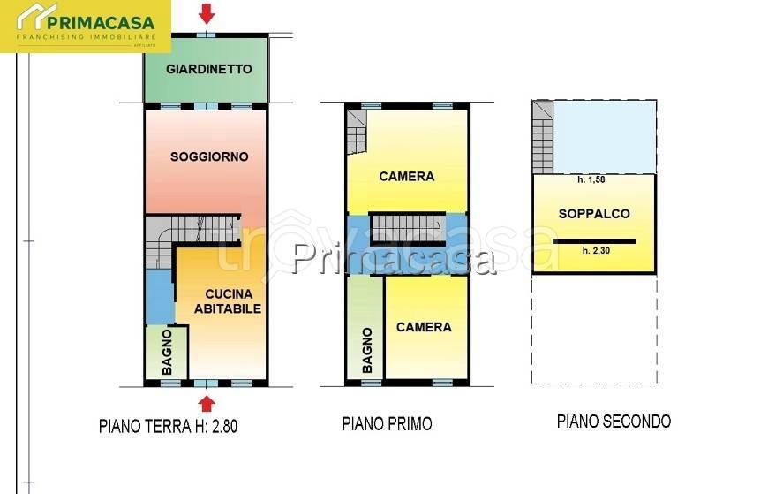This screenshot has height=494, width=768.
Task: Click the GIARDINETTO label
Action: tap(208, 69)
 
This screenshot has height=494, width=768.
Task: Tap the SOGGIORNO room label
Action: tap(209, 156)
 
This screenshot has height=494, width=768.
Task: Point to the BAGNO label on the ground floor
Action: tap(167, 352)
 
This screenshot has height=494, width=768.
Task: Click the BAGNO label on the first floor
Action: tap(367, 351)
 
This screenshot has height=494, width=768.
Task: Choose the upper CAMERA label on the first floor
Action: tap(406, 176)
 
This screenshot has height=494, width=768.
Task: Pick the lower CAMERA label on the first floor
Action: tap(424, 327)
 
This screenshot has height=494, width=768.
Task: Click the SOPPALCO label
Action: tap(594, 214)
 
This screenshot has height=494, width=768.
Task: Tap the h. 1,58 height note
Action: tap(594, 179)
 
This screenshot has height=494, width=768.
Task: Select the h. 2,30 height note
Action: tap(597, 250)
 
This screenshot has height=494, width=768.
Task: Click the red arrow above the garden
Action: tap(207, 14)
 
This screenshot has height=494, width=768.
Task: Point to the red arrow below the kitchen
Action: tap(207, 403)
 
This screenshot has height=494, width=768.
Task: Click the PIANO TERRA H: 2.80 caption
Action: tap(168, 426)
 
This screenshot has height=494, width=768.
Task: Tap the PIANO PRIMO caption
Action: tap(387, 424)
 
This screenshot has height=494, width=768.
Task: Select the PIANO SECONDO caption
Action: tap(614, 422)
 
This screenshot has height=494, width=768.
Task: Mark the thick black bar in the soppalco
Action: tap(594, 239)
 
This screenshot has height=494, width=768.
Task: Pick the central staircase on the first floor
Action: tap(406, 227)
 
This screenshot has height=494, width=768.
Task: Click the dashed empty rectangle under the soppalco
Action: tap(594, 329)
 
